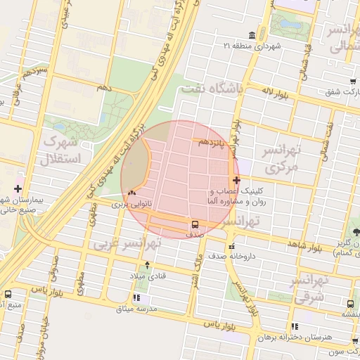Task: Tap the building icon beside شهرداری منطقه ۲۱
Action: pos(252,35)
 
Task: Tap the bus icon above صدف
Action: pos(194,225)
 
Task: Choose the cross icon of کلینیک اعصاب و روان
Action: pos(236,181)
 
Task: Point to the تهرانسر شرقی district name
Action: pos(310,288)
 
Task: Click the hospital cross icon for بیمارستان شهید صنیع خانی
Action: pos(18,188)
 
